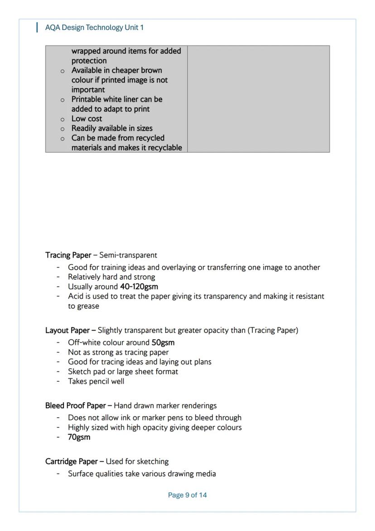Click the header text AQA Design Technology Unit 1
pos(94,28)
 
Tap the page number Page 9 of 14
pos(187,495)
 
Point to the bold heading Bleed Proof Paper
pos(75,405)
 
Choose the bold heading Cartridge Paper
pos(71,462)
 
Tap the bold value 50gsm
pos(163,342)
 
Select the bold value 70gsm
pos(79,437)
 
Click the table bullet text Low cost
pos(87,119)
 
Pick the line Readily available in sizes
pos(112,128)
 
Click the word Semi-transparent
pos(128,255)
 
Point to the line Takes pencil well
pos(96,381)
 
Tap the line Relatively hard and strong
pos(111,277)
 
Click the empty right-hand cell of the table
pos(258,99)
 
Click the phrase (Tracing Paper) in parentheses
pos(273,330)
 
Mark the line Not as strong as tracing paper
pos(118,352)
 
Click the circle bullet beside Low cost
pos(62,119)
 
